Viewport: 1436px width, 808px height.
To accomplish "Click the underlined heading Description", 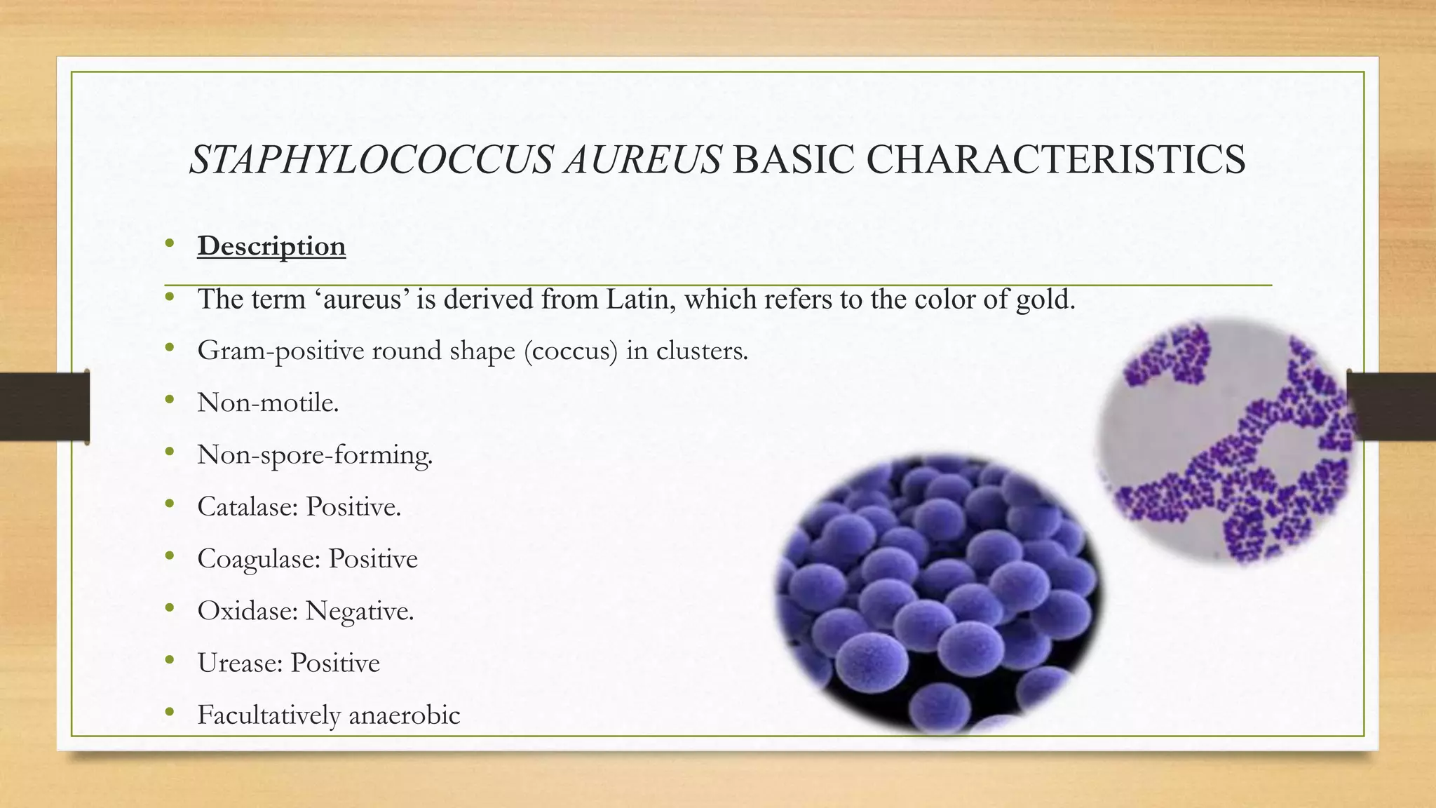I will pos(271,246).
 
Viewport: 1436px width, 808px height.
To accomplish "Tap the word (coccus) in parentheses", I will pos(571,350).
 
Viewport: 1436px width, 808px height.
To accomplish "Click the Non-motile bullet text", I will pos(268,403).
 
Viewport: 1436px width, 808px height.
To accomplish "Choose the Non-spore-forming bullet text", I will pos(315,454).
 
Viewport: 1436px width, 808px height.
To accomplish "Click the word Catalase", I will pos(248,506).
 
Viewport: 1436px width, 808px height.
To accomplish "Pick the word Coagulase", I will pos(259,559).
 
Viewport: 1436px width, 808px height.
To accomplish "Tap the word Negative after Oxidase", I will pos(359,611).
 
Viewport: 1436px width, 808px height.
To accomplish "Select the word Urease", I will pos(240,663).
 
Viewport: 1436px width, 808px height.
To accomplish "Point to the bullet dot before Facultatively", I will pos(169,713).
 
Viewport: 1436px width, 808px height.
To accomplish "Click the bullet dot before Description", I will pos(169,244).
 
